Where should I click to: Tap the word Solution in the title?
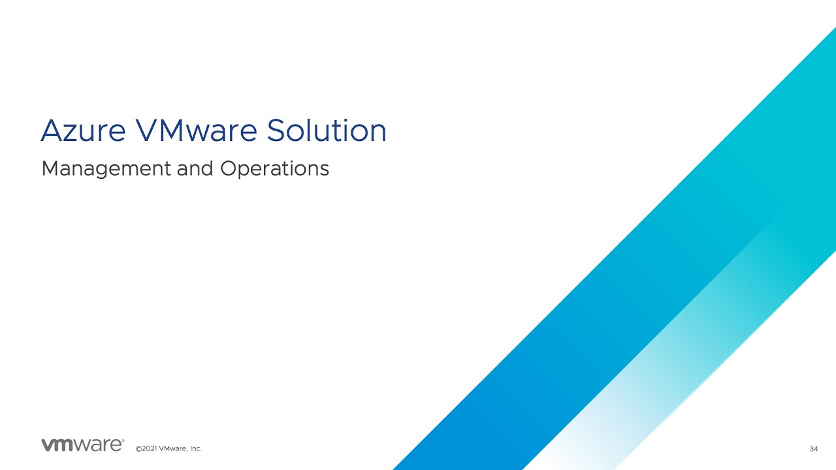coord(327,131)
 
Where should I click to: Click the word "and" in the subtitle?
coord(198,169)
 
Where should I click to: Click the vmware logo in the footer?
coord(82,445)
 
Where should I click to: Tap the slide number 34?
coord(813,449)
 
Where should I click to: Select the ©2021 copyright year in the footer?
coord(146,449)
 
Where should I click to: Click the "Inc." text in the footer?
coord(195,449)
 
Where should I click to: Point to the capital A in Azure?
coord(51,131)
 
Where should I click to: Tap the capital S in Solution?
coord(276,131)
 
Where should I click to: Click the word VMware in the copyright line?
coord(173,449)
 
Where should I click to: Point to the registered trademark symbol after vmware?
coord(123,441)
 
